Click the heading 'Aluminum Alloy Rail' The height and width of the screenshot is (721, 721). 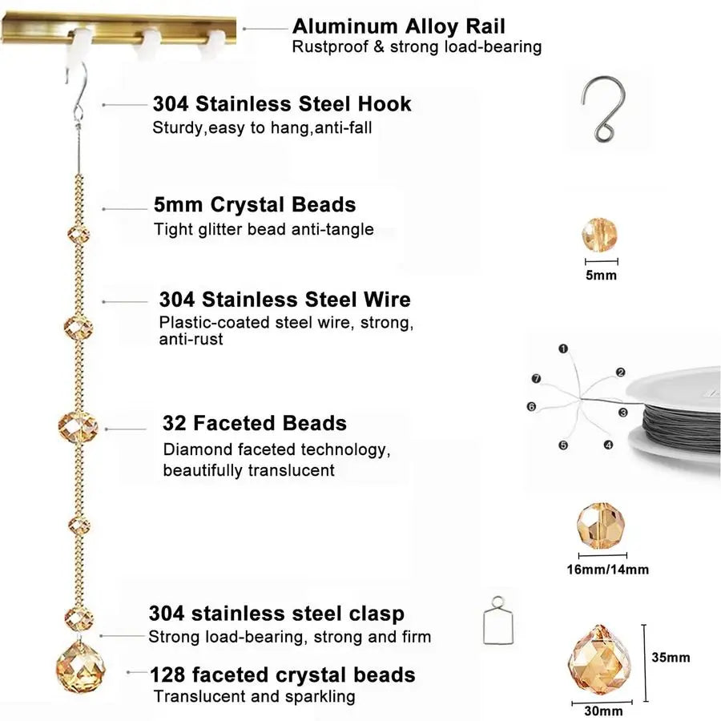click(x=399, y=26)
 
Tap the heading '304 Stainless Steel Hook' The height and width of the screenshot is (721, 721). click(x=282, y=104)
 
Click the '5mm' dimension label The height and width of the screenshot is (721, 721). click(x=601, y=276)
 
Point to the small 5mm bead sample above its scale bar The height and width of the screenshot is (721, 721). click(x=599, y=235)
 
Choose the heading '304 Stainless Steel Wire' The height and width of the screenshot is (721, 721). click(x=284, y=300)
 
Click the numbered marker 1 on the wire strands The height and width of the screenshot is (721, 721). click(x=563, y=349)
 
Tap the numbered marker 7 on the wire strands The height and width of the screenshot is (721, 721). click(x=536, y=379)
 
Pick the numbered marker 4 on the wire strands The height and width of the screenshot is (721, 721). click(x=608, y=445)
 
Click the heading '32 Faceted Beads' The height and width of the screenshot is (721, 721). click(x=254, y=423)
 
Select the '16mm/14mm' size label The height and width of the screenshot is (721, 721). click(x=607, y=570)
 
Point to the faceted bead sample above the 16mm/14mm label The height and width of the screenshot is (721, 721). click(x=601, y=526)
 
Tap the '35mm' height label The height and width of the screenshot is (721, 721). click(x=671, y=658)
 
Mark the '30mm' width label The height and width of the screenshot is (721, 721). click(x=603, y=711)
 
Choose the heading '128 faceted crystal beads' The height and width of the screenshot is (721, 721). click(x=282, y=675)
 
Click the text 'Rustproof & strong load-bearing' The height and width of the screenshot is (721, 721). click(x=417, y=47)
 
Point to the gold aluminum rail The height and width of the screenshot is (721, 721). click(x=119, y=29)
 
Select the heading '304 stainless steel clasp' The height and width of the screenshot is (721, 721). click(x=276, y=614)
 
